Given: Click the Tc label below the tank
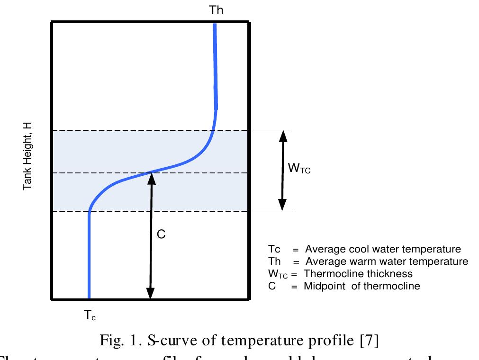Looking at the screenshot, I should [x=89, y=315].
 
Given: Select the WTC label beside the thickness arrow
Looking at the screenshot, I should [x=299, y=168].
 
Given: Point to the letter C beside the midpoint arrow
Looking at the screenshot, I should [x=161, y=234].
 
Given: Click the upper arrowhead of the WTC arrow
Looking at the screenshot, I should [x=283, y=135].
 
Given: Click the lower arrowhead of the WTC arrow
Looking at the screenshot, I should [x=282, y=205].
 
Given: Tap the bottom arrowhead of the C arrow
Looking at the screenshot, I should [x=150, y=294].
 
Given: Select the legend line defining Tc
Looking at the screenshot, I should [x=364, y=249].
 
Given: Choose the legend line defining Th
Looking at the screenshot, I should [x=368, y=261].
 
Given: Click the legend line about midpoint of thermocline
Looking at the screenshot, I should [x=343, y=286].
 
